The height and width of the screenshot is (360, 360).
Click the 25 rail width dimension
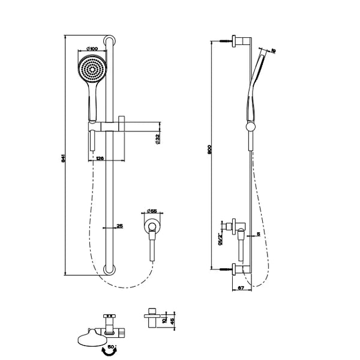click(119, 225)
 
